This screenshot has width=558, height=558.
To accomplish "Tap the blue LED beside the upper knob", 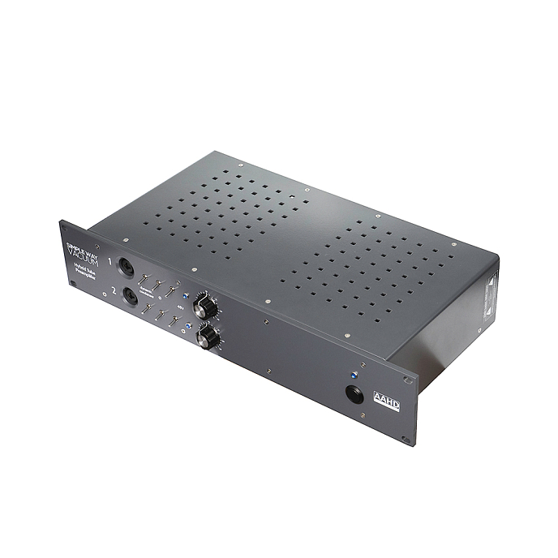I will coord(186,297).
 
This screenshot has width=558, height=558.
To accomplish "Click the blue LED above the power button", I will coord(353,376).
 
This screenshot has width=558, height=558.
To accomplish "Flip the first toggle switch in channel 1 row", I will coord(144,278).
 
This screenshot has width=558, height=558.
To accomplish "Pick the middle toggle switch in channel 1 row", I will coord(159,285).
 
